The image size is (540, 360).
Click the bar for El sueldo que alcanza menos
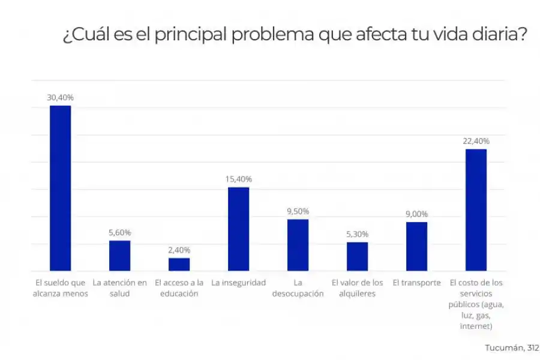60,188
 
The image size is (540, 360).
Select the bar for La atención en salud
119,256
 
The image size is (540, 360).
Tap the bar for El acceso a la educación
179,264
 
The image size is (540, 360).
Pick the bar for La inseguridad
238,229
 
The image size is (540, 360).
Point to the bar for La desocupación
298,245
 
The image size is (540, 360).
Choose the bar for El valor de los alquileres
357,256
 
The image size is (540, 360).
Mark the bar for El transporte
416,246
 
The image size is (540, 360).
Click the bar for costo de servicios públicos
476,209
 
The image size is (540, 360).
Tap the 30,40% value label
60,97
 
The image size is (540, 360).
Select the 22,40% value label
476,141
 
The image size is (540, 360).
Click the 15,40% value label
238,179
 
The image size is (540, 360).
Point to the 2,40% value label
179,250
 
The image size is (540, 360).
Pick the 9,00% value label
416,214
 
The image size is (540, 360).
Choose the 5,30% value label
357,234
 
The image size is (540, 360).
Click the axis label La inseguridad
238,283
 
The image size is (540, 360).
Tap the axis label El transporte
416,283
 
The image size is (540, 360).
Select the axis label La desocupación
298,288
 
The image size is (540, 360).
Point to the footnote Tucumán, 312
511,347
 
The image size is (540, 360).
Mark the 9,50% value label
298,211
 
